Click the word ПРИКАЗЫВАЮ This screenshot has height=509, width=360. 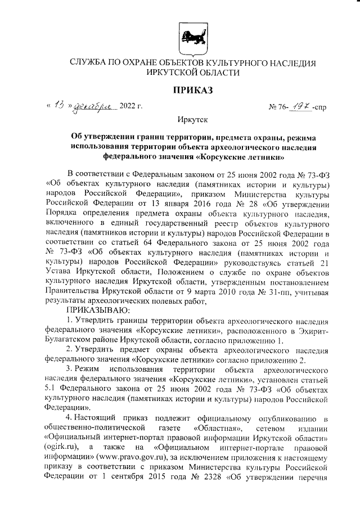[98, 310]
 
